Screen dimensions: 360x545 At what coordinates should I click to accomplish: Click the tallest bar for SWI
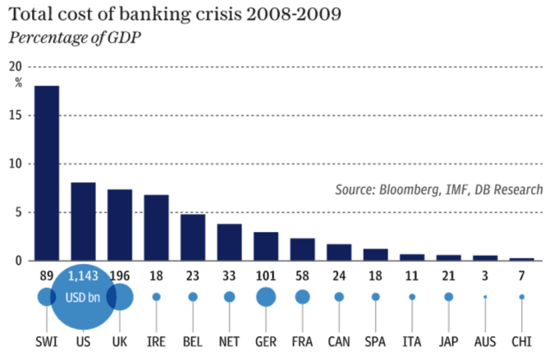46,173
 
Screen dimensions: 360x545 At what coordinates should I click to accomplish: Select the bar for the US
83,221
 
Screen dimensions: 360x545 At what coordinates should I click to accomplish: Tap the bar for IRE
156,227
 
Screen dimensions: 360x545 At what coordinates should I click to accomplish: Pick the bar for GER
265,246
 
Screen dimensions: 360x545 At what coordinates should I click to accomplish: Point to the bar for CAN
338,252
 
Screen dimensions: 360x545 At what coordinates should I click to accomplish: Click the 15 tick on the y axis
17,115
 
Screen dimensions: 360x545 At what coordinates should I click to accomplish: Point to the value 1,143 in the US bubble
83,276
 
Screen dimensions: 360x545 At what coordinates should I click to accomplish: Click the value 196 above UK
120,276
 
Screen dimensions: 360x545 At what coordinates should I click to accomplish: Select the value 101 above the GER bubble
265,276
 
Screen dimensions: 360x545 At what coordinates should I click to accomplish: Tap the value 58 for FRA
302,276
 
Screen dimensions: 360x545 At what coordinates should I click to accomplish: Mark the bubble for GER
265,297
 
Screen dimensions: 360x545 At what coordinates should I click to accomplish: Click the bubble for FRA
302,297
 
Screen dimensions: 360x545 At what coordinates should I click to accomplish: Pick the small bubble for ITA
412,297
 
